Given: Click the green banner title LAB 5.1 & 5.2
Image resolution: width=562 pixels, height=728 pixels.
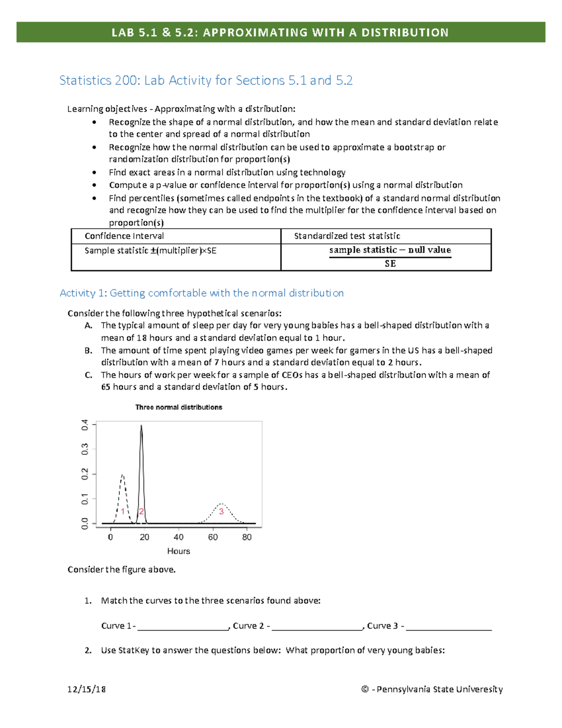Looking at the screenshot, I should pyautogui.click(x=280, y=32).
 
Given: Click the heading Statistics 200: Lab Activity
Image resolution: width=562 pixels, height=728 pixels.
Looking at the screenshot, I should pyautogui.click(x=206, y=81).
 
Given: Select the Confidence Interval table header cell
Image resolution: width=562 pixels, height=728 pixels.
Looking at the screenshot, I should pyautogui.click(x=124, y=236).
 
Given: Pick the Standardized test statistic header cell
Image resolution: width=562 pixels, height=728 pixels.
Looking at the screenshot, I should pyautogui.click(x=347, y=236).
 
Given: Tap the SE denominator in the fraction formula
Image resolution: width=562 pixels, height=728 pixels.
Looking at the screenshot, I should pyautogui.click(x=390, y=263).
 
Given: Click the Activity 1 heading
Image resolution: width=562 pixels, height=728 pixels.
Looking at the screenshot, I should pyautogui.click(x=201, y=293).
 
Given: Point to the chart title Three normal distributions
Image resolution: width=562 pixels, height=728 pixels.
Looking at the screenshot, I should pyautogui.click(x=178, y=407).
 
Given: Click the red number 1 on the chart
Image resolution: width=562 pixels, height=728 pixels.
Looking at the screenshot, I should pyautogui.click(x=123, y=511).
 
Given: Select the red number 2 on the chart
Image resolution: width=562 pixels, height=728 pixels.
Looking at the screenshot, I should pyautogui.click(x=141, y=511).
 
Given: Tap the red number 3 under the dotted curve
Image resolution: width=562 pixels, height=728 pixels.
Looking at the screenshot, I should pyautogui.click(x=221, y=511).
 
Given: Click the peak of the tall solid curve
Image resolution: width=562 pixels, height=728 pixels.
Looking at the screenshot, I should pyautogui.click(x=141, y=426).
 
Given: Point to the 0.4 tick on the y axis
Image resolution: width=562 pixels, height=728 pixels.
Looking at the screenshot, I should pyautogui.click(x=85, y=425).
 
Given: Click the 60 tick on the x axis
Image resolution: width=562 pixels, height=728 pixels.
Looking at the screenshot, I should pyautogui.click(x=213, y=537).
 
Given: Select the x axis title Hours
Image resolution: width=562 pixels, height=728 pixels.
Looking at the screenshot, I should pyautogui.click(x=178, y=551).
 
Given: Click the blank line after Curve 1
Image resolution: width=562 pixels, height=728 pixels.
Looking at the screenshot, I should pyautogui.click(x=183, y=627).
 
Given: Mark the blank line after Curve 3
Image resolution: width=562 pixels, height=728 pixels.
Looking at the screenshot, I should pyautogui.click(x=449, y=627).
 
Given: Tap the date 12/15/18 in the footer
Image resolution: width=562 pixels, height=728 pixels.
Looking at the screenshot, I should pyautogui.click(x=87, y=689).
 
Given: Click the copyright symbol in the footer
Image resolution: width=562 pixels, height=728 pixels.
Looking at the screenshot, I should pyautogui.click(x=365, y=689).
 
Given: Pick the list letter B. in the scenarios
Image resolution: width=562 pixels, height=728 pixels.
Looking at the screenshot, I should pyautogui.click(x=89, y=350).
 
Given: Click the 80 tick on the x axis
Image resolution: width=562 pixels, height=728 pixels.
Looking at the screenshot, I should pyautogui.click(x=247, y=537).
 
